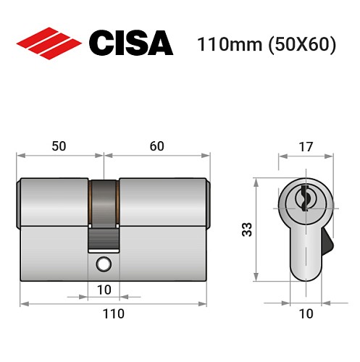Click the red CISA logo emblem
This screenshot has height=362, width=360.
click(x=49, y=43)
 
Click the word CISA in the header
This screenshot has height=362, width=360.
click(x=130, y=43)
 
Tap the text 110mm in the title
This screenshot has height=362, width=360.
click(x=225, y=44)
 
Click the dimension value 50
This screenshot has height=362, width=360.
click(x=59, y=146)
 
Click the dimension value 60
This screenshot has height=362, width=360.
click(x=156, y=146)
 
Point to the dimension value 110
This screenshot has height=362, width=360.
click(x=112, y=313)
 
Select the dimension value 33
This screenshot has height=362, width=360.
click(x=246, y=230)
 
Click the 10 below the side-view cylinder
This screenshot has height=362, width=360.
click(x=104, y=290)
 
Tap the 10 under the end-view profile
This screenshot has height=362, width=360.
click(x=306, y=313)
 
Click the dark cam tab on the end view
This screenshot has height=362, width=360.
click(x=327, y=242)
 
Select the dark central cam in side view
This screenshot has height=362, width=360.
click(x=104, y=206)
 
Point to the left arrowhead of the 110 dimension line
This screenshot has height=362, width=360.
click(x=22, y=301)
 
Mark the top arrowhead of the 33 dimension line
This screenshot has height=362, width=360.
click(x=256, y=180)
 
